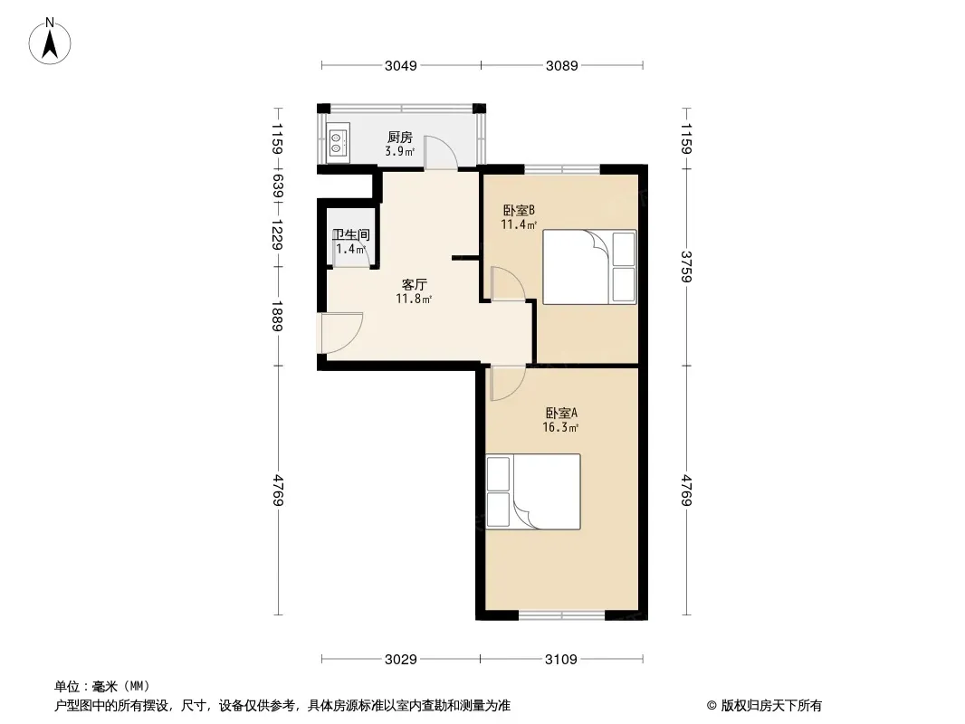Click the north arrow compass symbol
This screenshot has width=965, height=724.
pos(50,42)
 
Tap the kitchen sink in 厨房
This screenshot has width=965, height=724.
pos(337,143)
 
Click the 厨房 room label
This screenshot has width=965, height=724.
pos(400,138)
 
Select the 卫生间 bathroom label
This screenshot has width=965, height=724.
pos(351,234)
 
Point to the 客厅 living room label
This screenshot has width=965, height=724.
pos(415,285)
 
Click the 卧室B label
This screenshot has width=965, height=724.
pos(519,210)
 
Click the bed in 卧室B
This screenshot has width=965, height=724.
pos(589,267)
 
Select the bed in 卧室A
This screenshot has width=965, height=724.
pos(533,491)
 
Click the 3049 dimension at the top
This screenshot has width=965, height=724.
pos(401,65)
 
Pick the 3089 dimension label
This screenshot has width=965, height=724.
pos(562,65)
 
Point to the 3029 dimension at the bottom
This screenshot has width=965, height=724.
pos(401,660)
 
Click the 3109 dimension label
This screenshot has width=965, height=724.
pos(561,660)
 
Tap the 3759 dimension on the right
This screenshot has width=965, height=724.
pos(687,266)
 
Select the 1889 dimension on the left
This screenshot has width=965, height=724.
pos(278,316)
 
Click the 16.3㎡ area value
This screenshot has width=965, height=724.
pos(560,427)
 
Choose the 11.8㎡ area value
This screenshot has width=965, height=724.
pos(414,299)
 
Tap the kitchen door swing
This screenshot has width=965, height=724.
pos(439,152)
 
